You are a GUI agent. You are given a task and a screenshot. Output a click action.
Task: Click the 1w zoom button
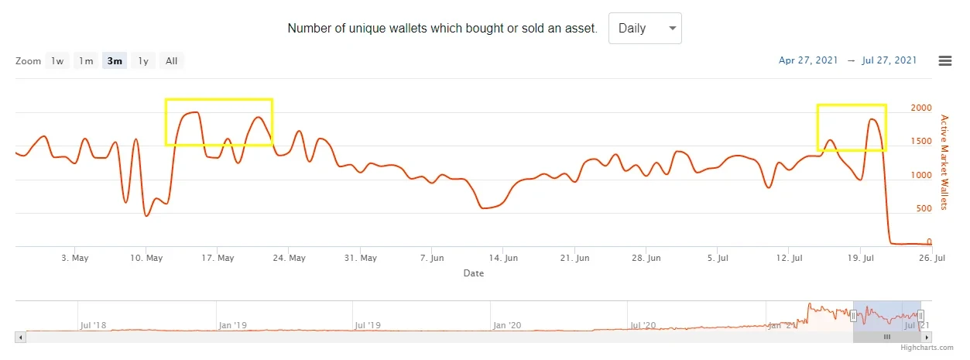coord(57,61)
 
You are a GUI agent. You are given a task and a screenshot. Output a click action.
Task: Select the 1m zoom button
coord(86,61)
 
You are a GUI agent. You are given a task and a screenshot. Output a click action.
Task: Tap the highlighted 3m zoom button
coord(115,61)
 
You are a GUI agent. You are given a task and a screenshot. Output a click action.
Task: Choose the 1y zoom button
coord(143,61)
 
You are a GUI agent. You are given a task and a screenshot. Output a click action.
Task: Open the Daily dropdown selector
coord(644,29)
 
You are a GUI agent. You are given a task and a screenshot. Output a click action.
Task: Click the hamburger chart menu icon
coord(944,61)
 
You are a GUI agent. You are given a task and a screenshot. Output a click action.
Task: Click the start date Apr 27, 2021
coord(808,60)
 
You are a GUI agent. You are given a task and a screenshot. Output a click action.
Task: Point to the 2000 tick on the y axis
coord(920,108)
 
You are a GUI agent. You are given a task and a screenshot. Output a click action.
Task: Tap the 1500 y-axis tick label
coord(920,142)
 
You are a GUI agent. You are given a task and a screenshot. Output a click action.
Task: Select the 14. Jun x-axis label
coord(503,258)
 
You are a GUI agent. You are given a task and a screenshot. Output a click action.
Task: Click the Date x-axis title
coord(473,273)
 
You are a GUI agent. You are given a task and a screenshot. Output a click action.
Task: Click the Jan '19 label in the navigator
coord(231,325)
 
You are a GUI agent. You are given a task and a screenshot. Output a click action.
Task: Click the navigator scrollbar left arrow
coord(20,338)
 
